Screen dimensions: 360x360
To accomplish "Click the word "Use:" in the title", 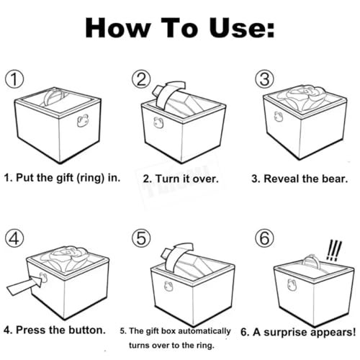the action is coord(242,28).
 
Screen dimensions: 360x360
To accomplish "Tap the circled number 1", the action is coord(14,79).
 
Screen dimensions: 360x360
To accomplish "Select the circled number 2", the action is coord(141,79).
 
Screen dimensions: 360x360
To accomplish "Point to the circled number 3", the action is coord(264,79).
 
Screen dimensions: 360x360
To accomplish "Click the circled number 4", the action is coord(14,238).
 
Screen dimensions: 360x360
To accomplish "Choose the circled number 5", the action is coord(141,238).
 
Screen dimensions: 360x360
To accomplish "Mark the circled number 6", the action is coord(264,238).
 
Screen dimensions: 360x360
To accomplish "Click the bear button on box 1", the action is coord(83,120).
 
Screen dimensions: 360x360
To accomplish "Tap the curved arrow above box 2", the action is coord(168,95).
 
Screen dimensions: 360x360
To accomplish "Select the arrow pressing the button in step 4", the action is coord(24,285).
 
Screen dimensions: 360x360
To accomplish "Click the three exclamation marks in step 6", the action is coord(333,251).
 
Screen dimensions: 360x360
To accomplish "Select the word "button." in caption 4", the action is coord(87,330).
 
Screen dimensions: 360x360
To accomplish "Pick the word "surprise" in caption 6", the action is coord(286,333).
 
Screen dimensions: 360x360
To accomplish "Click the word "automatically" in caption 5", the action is coord(204,331).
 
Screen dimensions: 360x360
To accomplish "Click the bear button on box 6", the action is coord(292,284).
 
